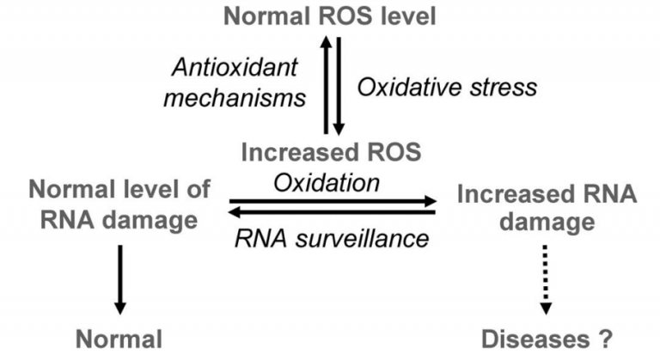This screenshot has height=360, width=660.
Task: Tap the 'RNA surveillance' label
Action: [x=333, y=238]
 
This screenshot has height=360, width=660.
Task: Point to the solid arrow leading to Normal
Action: [x=120, y=279]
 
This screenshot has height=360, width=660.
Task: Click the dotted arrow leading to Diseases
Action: [x=544, y=279]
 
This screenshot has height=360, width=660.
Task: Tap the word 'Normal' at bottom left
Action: [x=119, y=338]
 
